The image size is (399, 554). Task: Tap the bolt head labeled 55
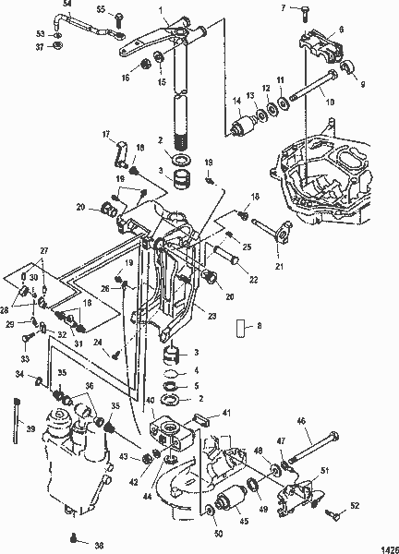tap(119, 17)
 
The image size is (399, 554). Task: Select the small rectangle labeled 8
tap(242, 328)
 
